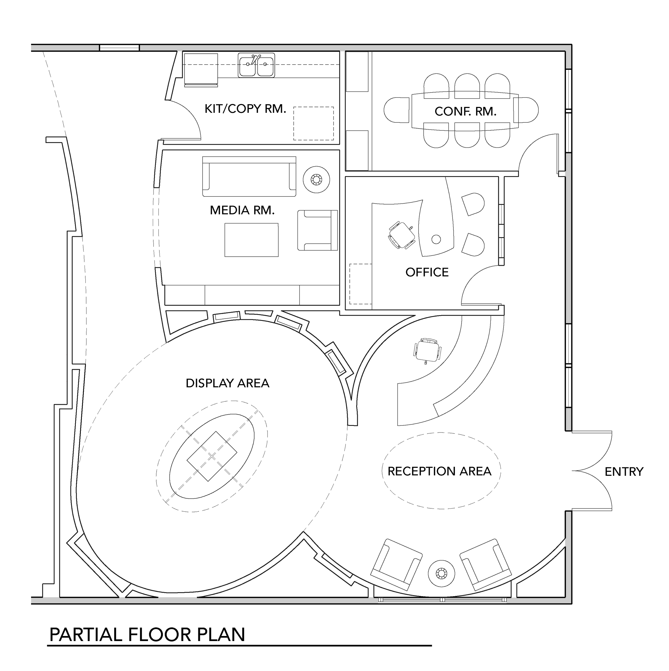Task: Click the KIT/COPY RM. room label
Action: coord(245,109)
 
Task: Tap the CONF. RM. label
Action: coord(465,111)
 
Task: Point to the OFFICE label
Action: coord(427,272)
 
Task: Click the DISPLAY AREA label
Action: coord(227,383)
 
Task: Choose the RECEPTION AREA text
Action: coord(439,471)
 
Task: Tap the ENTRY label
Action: coord(624,472)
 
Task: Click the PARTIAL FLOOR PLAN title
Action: coord(147,635)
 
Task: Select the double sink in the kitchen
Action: coord(256,65)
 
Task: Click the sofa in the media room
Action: coord(249,176)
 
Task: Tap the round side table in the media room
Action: coord(316,180)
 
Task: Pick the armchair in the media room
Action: coord(317,230)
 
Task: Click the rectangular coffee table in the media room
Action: coord(251,240)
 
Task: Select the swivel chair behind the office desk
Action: coord(402,235)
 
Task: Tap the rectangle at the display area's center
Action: coord(212,456)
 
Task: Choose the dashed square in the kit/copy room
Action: coord(313,123)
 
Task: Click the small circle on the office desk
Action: coord(436,239)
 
